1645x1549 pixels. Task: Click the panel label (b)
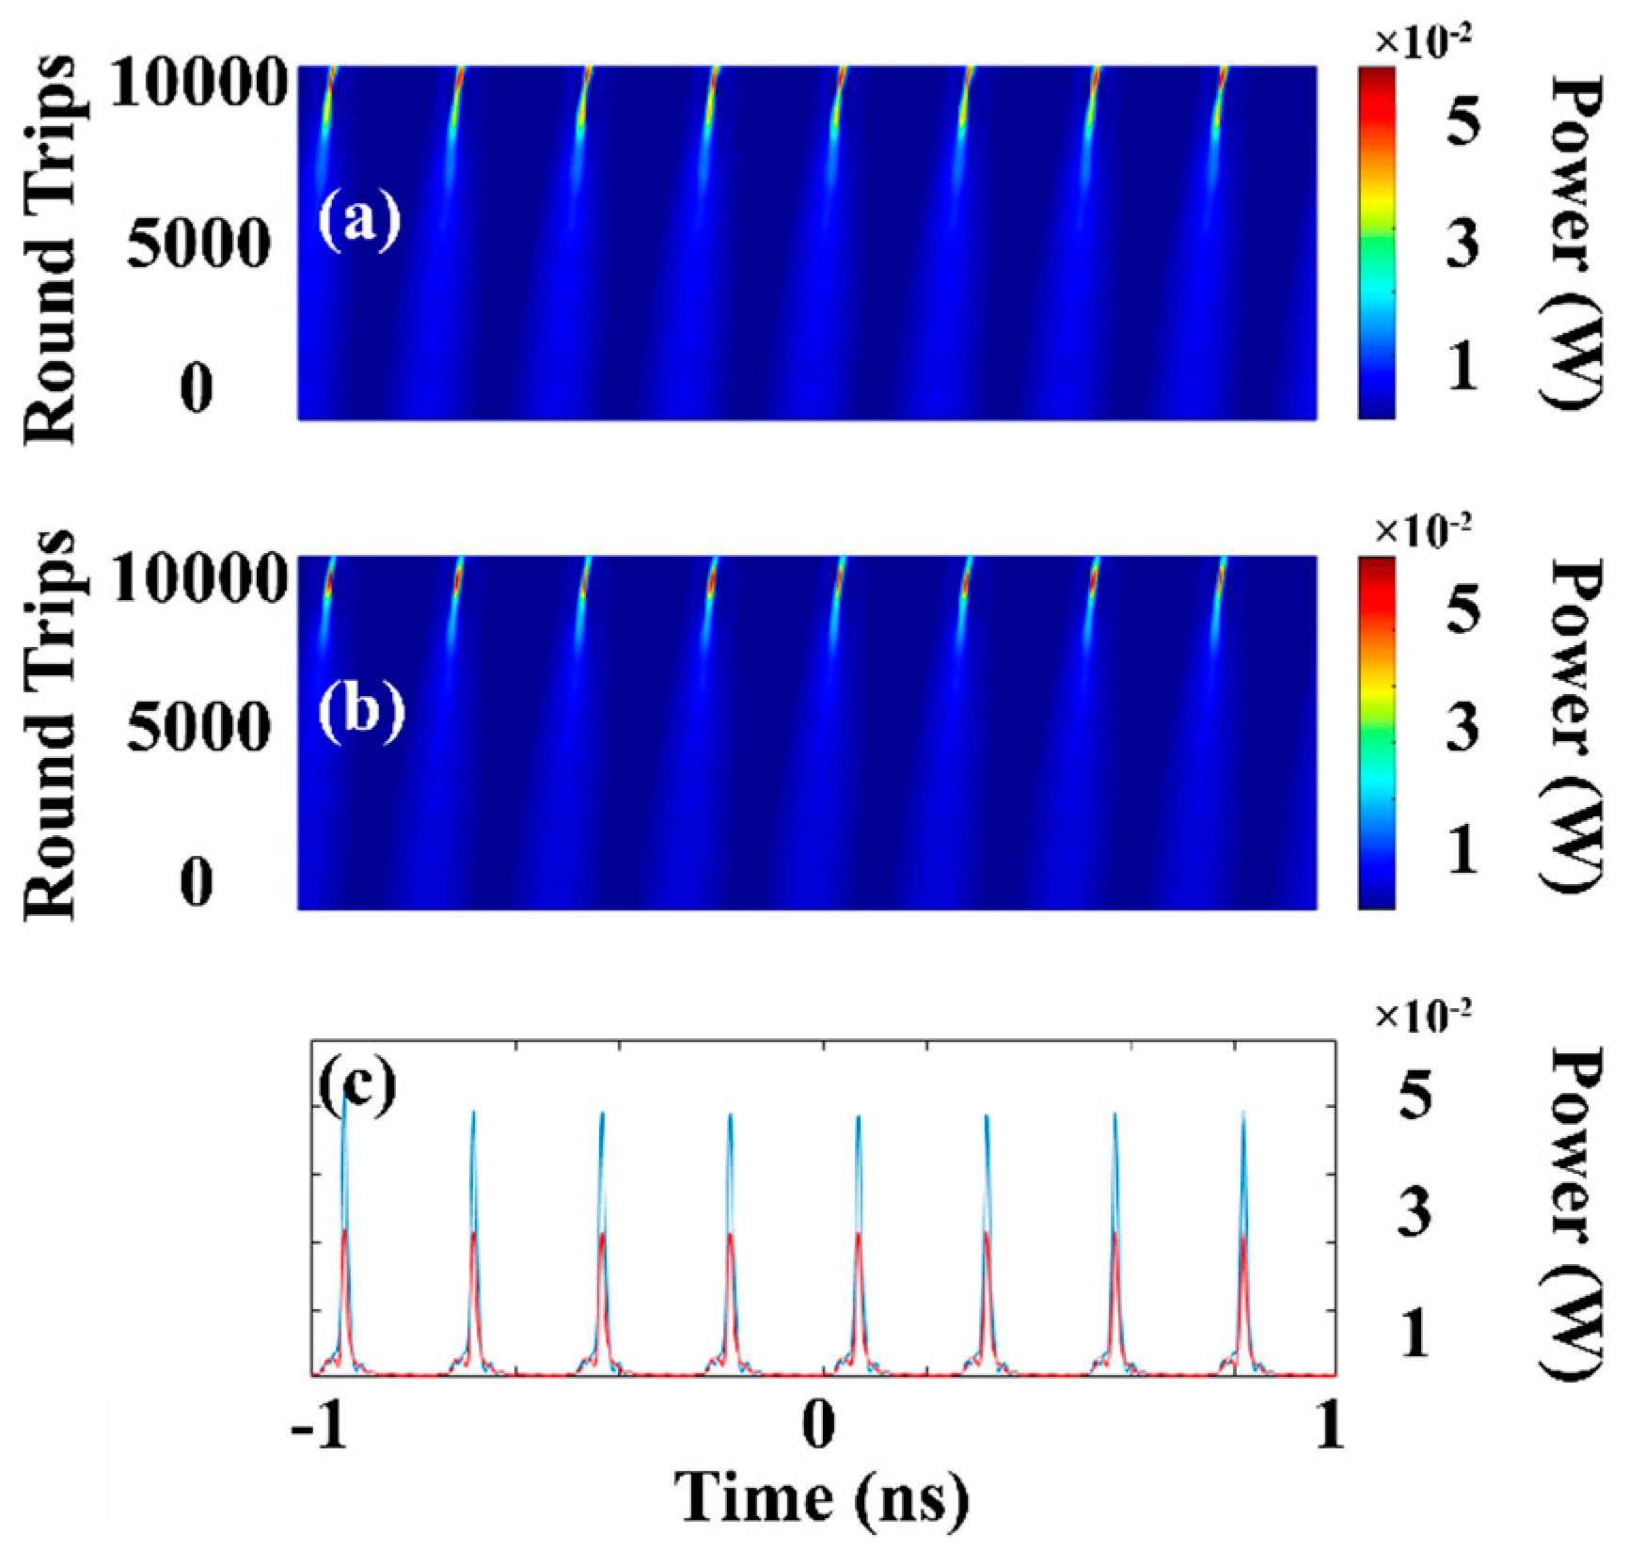[x=360, y=712]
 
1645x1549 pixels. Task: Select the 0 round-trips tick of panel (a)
[x=197, y=387]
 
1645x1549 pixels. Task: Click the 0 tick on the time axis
[x=819, y=1427]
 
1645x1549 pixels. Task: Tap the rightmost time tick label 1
[x=1329, y=1427]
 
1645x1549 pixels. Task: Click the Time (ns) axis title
[x=821, y=1496]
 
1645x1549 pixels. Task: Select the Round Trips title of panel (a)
[x=49, y=249]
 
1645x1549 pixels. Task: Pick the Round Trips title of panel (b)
[x=49, y=726]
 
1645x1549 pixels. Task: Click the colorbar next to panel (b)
[x=1376, y=733]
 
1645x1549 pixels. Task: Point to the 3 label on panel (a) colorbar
[x=1462, y=242]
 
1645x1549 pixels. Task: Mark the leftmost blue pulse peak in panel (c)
[x=344, y=1100]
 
